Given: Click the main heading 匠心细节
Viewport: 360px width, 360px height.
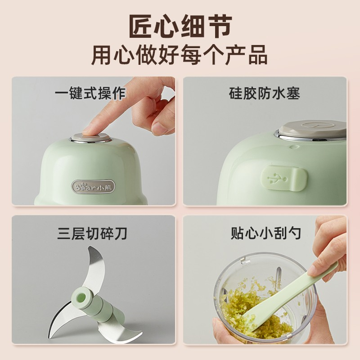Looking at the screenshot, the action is [x=180, y=26].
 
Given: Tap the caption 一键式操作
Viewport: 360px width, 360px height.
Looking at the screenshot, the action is [x=90, y=93].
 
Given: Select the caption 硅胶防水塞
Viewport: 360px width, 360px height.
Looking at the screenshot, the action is [x=264, y=94].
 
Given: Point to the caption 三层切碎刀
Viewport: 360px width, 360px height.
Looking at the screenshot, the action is [x=92, y=234].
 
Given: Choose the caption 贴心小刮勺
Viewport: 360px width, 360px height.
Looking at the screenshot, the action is [x=265, y=233].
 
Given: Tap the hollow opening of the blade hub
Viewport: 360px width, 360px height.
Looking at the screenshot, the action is [x=81, y=298].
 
